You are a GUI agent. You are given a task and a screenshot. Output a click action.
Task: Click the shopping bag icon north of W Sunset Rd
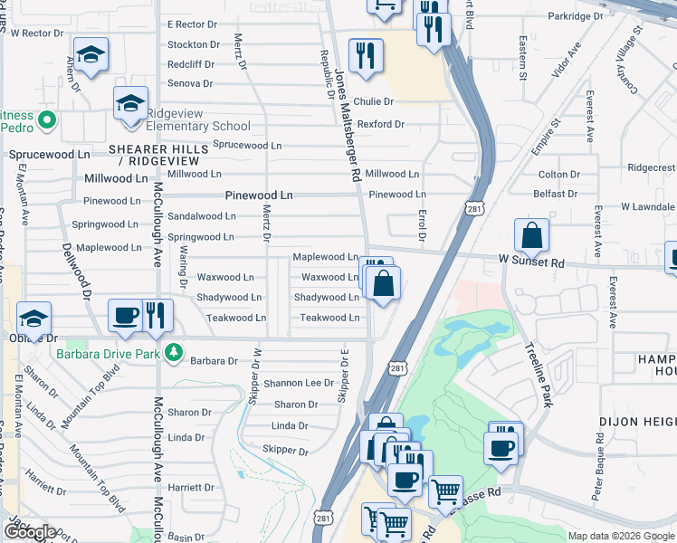pos(531,236)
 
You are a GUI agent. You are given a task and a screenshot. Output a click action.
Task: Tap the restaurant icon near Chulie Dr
pos(366,55)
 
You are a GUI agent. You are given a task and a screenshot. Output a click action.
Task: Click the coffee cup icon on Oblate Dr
pos(125,316)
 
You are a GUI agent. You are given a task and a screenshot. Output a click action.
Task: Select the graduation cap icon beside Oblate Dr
pos(34,319)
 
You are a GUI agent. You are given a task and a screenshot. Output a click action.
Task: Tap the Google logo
pos(30,531)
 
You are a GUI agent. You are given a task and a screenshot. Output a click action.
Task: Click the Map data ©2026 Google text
pos(620,536)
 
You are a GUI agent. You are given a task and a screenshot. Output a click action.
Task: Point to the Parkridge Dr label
pos(575,16)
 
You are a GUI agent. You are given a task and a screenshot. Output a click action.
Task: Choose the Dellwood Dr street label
pos(76,270)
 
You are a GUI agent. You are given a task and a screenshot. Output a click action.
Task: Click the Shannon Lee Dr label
pos(300,383)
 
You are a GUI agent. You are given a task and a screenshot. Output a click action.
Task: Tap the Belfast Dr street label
pos(556,194)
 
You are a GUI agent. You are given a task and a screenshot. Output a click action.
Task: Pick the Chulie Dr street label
pos(374,101)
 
